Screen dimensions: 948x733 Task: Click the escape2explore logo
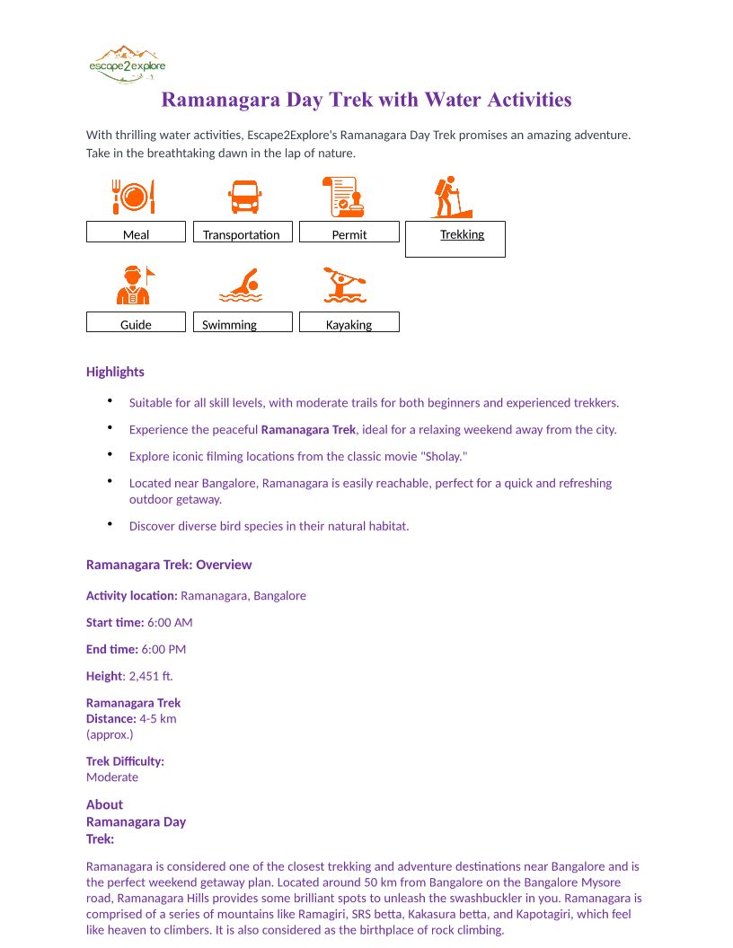[127, 64]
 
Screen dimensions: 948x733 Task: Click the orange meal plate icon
[134, 196]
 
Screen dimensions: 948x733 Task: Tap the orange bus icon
[244, 196]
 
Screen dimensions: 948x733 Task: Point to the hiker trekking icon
[450, 197]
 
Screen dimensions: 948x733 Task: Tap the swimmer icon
[241, 285]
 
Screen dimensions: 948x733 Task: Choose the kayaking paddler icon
[345, 285]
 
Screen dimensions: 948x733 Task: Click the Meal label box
[136, 233]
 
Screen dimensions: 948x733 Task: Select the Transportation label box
[243, 233]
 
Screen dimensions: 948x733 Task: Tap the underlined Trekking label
[462, 234]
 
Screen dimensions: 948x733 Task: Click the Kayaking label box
[349, 322]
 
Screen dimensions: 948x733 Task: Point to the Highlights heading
[115, 372]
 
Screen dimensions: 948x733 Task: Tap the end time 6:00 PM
[163, 649]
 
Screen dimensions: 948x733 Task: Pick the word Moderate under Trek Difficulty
[112, 777]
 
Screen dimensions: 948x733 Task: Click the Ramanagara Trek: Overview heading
[169, 565]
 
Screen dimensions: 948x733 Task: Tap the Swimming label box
[243, 322]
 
